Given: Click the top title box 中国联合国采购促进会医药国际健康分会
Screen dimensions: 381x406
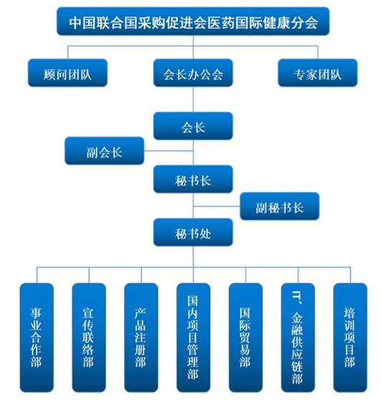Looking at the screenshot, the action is click(193, 21).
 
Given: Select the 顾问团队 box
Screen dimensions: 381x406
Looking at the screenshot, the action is click(67, 73).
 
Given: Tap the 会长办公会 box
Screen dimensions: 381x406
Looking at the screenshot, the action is click(193, 73).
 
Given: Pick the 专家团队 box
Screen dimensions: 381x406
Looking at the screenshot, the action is click(317, 73).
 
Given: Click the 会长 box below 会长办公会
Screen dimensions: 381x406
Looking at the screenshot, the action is click(193, 126).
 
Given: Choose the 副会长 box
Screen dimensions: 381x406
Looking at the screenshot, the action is click(105, 150).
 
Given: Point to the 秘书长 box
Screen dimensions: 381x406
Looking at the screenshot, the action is click(193, 179).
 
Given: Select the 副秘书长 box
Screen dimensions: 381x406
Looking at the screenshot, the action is click(280, 206).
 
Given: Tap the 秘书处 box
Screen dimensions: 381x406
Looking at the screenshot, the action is click(193, 232).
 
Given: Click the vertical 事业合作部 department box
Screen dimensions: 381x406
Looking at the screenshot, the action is click(37, 337).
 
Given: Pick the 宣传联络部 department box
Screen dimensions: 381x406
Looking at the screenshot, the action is click(89, 337).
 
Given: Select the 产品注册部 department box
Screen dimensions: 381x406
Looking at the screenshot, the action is click(141, 337).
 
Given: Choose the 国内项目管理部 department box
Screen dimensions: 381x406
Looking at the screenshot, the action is click(193, 337).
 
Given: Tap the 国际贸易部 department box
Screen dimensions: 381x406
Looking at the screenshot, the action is click(246, 337).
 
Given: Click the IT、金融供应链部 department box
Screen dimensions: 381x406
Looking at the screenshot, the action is click(298, 337).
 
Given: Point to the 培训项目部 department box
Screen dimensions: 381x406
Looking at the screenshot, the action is click(350, 337).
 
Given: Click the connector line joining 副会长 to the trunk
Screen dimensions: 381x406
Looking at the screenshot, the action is click(168, 150).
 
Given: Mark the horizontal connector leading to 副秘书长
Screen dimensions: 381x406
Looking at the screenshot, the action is click(217, 206).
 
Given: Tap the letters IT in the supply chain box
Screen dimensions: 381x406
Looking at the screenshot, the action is click(296, 294).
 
